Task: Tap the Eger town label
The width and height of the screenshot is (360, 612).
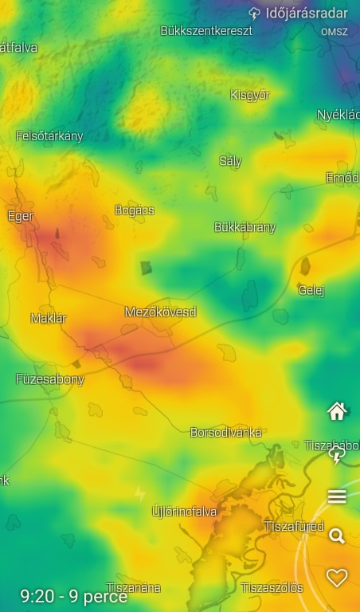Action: click(x=20, y=216)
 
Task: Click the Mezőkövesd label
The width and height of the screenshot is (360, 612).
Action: click(x=160, y=312)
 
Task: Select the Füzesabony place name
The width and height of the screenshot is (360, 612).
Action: click(x=49, y=379)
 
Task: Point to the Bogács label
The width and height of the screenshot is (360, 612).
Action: click(x=135, y=210)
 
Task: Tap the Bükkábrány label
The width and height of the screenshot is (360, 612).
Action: click(x=245, y=227)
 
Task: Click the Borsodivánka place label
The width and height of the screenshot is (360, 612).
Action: click(x=225, y=433)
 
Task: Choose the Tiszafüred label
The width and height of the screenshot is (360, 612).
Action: click(x=294, y=527)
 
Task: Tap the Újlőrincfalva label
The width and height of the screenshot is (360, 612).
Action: click(x=184, y=511)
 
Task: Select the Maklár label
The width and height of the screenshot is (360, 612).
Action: click(x=49, y=318)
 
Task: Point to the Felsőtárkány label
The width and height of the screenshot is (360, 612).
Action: click(x=49, y=135)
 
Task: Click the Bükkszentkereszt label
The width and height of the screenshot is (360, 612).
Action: click(x=206, y=30)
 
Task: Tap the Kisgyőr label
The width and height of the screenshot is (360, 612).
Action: click(x=250, y=95)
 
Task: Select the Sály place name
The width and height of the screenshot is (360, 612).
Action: click(x=230, y=161)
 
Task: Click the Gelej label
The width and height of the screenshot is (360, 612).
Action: click(x=311, y=290)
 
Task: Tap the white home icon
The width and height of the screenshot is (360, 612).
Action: click(x=337, y=411)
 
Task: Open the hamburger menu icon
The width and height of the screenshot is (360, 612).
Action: click(x=337, y=496)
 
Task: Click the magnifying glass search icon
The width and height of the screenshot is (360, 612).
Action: click(x=337, y=536)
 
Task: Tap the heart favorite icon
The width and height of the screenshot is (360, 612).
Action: click(x=337, y=578)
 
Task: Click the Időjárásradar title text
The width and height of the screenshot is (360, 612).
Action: click(x=307, y=14)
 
